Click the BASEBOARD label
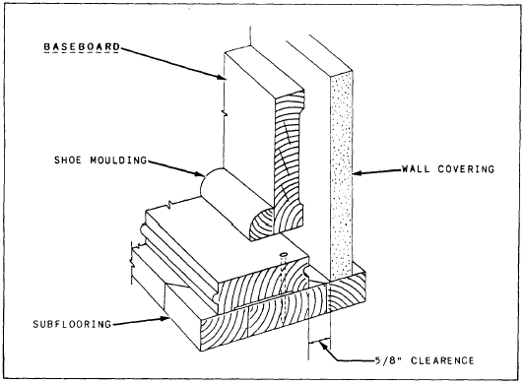[82, 47]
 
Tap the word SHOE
[68, 160]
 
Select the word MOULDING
[118, 160]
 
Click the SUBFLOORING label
[72, 324]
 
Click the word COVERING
[466, 169]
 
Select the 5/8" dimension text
[388, 361]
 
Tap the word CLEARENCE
[442, 361]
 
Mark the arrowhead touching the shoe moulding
[200, 173]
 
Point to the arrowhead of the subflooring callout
[165, 318]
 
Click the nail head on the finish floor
[284, 255]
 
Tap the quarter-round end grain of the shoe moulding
[262, 224]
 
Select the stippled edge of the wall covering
[341, 173]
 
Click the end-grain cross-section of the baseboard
[290, 160]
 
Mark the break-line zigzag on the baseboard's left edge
[225, 112]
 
